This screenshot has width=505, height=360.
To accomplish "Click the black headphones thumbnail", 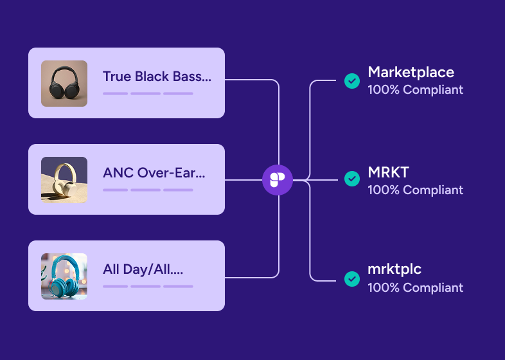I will pyautogui.click(x=64, y=84).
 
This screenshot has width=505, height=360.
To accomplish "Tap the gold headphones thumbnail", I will pyautogui.click(x=64, y=180).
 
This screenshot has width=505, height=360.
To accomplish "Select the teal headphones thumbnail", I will pyautogui.click(x=64, y=276).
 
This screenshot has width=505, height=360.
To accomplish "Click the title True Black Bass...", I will pyautogui.click(x=157, y=76).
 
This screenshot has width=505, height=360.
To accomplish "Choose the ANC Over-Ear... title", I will pyautogui.click(x=154, y=173).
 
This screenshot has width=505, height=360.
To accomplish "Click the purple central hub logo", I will pyautogui.click(x=278, y=179).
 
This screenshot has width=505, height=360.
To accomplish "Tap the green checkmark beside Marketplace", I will pyautogui.click(x=351, y=81).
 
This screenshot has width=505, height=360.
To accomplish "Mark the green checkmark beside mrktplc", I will pyautogui.click(x=351, y=279).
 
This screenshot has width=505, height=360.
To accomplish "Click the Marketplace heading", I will pyautogui.click(x=411, y=72).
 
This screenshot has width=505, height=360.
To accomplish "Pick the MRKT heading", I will pyautogui.click(x=388, y=172).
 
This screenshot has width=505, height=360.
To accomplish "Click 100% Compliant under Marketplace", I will pyautogui.click(x=415, y=90).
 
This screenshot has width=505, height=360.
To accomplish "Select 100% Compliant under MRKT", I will pyautogui.click(x=415, y=190).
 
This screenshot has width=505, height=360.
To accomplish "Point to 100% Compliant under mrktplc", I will pyautogui.click(x=415, y=287).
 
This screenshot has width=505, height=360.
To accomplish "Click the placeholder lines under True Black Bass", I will pyautogui.click(x=148, y=93).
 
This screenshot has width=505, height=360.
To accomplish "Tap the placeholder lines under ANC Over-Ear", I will pyautogui.click(x=148, y=190).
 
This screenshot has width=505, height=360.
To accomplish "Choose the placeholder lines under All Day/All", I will pyautogui.click(x=148, y=286).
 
